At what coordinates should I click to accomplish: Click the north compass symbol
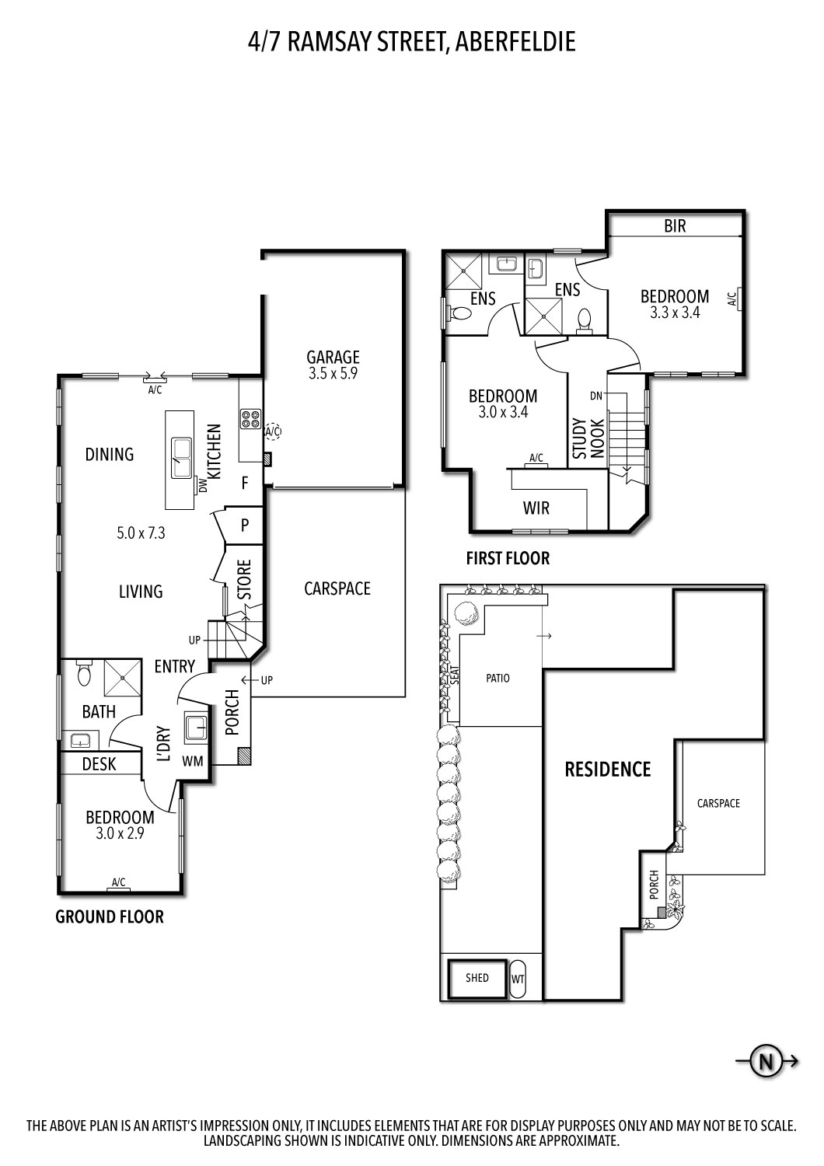766,1061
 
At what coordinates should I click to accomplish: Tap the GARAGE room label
333,357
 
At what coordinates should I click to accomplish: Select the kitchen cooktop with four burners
251,419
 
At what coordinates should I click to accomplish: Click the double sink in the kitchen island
182,458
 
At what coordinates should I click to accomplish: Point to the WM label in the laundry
193,761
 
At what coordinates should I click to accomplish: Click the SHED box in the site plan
477,977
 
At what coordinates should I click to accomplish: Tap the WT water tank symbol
518,979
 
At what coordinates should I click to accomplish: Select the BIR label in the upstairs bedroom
675,226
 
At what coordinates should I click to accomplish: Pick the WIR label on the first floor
536,508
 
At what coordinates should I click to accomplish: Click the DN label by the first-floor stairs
595,396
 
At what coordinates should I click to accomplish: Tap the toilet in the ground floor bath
85,675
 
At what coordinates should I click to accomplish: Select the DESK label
99,764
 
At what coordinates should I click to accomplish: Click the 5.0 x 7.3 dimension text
141,533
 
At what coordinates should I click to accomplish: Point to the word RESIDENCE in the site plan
607,770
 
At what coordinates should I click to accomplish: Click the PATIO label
498,678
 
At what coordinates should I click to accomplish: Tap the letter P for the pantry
245,525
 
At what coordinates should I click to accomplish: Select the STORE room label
244,579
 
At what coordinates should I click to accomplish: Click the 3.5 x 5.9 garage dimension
333,373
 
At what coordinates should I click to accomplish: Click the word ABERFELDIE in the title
515,41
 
